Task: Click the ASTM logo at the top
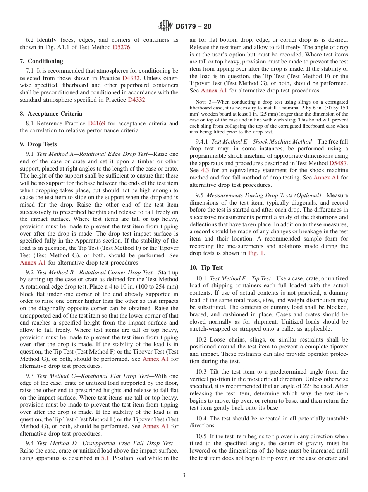tap(165, 26)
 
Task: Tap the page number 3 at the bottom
tap(184, 475)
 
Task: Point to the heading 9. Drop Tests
tap(38, 144)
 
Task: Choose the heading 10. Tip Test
tap(206, 268)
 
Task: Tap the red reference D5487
tap(338, 163)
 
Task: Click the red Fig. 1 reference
tap(256, 253)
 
